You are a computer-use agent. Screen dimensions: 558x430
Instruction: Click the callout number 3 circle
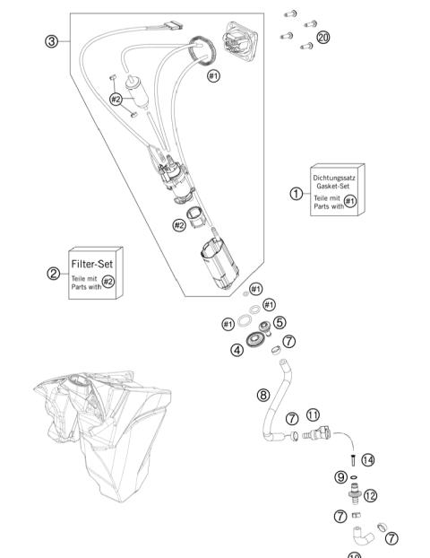[x=52, y=40]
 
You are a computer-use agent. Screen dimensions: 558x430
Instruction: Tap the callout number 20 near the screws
[x=323, y=37]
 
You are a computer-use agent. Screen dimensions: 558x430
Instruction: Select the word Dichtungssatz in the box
[x=333, y=179]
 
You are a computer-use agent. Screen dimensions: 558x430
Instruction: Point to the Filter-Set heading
[x=98, y=264]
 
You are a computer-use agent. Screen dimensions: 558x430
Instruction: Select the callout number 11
[x=313, y=414]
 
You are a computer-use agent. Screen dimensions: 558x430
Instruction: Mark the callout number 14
[x=368, y=458]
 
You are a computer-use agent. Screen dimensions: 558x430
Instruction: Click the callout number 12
[x=370, y=494]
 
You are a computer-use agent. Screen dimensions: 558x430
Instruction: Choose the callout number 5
[x=279, y=322]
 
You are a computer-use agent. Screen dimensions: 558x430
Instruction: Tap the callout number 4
[x=236, y=351]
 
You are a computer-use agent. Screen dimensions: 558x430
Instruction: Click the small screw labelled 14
[x=351, y=459]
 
